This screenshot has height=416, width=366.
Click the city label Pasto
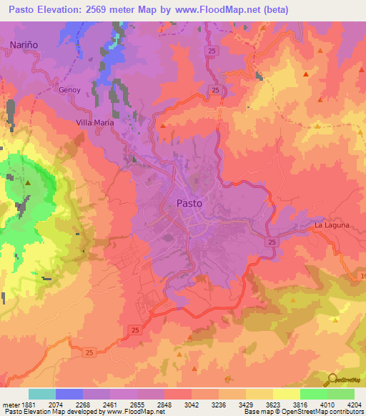(189, 203)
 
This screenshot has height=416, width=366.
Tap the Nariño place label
(23, 44)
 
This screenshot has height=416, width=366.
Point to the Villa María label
(95, 123)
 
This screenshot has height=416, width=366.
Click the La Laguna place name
(332, 225)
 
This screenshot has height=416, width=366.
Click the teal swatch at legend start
(42, 394)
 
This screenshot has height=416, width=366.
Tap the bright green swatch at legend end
(341, 394)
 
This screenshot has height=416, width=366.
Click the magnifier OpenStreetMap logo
(332, 379)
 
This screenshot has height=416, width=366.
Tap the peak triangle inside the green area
(28, 183)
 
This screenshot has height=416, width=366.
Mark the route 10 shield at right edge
(362, 276)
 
